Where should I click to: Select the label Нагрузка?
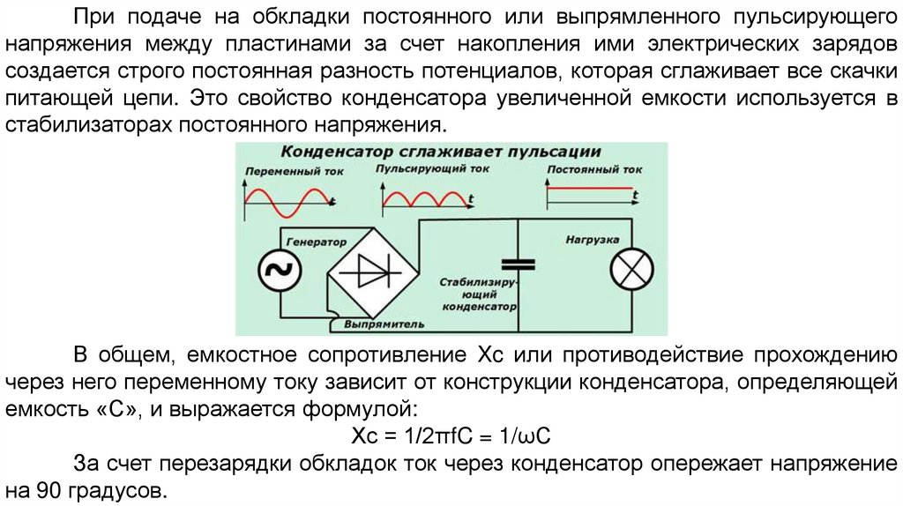pyautogui.click(x=592, y=240)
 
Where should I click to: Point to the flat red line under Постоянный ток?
pyautogui.click(x=590, y=188)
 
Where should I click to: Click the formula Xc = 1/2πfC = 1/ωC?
pyautogui.click(x=451, y=438)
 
